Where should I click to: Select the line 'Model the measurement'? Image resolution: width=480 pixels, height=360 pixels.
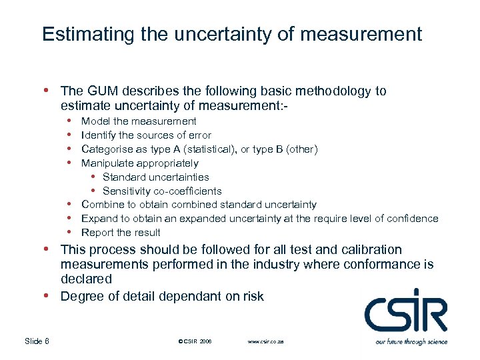(x=139, y=121)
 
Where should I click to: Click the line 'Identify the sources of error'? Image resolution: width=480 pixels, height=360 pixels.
(x=146, y=135)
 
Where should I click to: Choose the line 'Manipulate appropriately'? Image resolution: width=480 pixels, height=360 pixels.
(x=139, y=163)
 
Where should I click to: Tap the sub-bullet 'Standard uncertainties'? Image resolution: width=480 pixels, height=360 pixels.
(x=155, y=177)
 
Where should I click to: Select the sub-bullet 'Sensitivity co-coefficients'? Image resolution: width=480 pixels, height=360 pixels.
(x=162, y=191)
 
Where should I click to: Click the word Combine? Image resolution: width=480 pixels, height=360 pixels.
(x=101, y=205)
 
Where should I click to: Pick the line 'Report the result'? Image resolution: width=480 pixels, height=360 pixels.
(x=121, y=233)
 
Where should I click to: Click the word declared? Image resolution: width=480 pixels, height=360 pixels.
(x=86, y=279)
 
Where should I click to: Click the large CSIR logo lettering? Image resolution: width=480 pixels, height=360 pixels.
(x=406, y=311)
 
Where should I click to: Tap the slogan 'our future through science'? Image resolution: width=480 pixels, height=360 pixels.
(x=411, y=341)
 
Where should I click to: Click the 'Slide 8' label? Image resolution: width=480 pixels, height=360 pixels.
(x=37, y=341)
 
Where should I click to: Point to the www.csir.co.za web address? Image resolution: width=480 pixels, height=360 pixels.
(x=265, y=341)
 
